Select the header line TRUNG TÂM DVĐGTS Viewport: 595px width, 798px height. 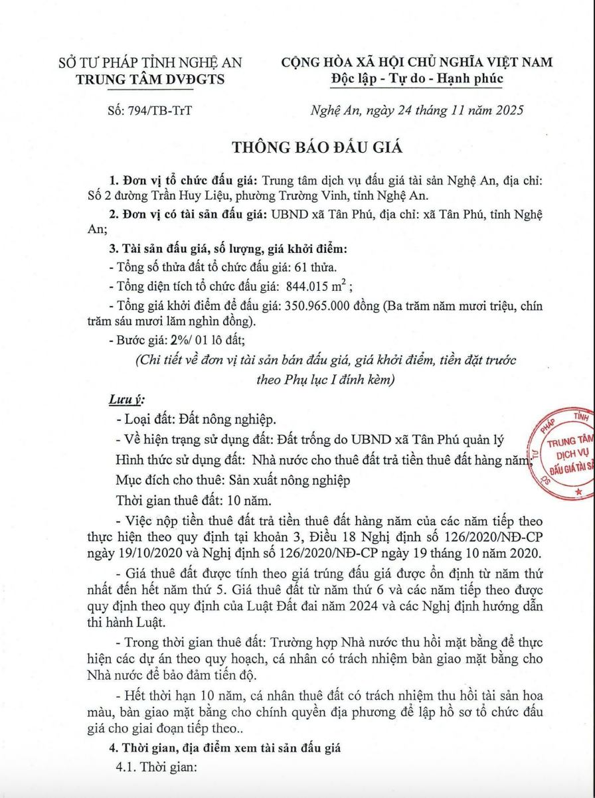[151, 80]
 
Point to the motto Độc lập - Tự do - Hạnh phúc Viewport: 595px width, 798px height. [417, 80]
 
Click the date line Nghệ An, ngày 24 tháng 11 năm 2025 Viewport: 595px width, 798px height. [417, 110]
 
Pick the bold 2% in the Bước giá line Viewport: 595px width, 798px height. [159, 341]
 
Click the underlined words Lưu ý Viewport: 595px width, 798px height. [126, 401]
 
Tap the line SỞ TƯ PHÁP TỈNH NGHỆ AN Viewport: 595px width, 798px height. [151, 63]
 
